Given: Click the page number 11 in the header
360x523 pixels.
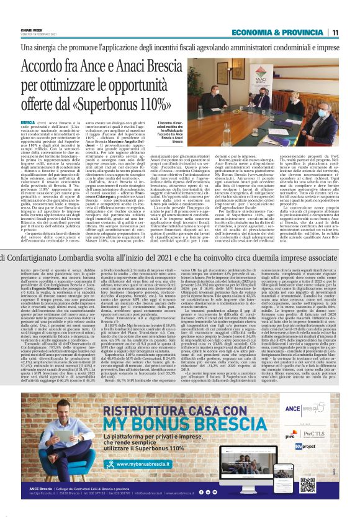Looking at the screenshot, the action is coord(335,32).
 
